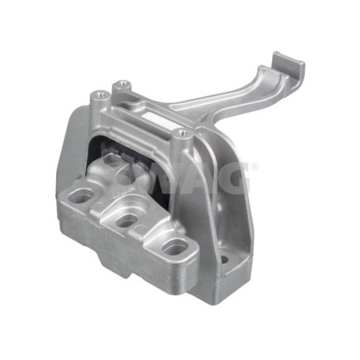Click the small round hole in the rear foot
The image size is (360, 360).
(224, 259)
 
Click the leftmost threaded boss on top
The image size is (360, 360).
(101, 94)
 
